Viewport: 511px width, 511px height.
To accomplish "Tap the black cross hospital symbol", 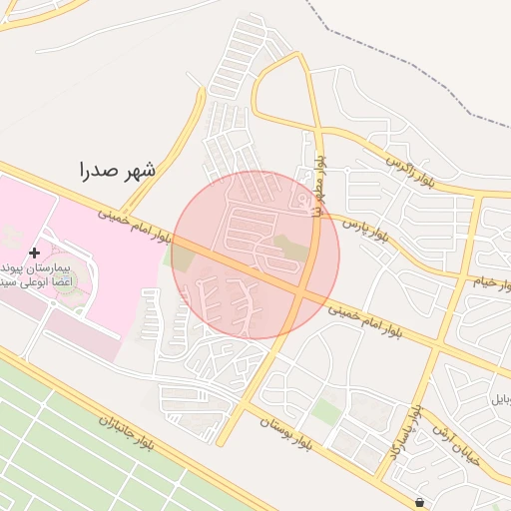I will (35, 254).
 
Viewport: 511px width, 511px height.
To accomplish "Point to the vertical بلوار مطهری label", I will (319, 185).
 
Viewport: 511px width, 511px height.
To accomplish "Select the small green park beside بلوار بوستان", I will (325, 410).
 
